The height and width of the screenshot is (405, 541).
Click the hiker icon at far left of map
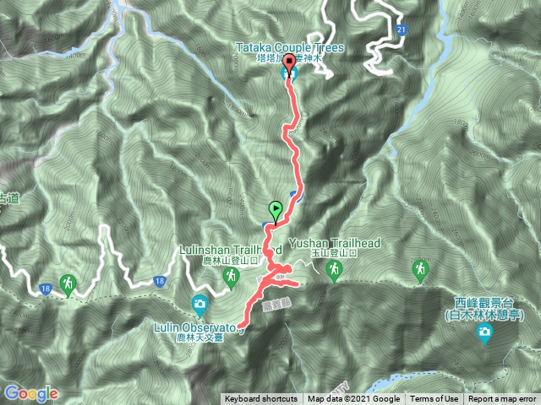pos(68,283)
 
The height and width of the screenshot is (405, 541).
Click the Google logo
pos(30,393)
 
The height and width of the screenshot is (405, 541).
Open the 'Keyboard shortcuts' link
pos(261,399)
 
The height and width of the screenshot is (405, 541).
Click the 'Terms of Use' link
pos(435,399)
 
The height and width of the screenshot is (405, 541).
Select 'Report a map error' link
pos(503,399)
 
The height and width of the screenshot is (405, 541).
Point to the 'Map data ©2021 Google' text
pos(353,399)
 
